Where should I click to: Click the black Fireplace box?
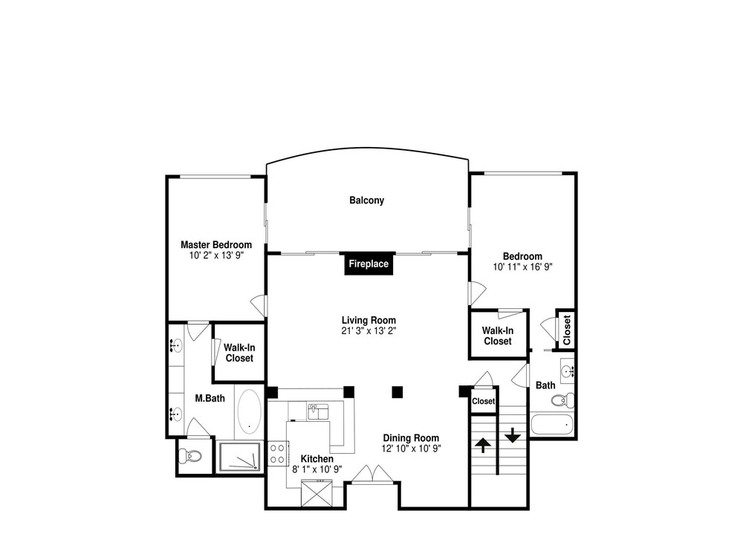[369, 264]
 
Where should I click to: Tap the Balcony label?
[367, 201]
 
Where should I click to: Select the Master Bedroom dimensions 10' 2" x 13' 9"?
[216, 255]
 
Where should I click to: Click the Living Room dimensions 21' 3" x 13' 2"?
[369, 330]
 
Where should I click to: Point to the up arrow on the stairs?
[483, 445]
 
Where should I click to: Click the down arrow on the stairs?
[513, 434]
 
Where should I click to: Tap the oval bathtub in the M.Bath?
[249, 411]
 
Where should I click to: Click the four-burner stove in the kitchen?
[278, 453]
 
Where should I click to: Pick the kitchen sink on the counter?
[318, 411]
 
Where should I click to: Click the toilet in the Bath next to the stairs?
[562, 400]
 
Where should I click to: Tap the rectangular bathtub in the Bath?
[551, 425]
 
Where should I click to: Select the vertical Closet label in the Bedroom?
[567, 330]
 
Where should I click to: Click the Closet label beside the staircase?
[484, 401]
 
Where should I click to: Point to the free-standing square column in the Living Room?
[397, 392]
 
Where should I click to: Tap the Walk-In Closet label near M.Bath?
[239, 353]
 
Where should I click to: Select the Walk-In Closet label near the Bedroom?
[498, 336]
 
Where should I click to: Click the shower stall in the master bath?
[239, 457]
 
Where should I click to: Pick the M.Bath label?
[210, 398]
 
